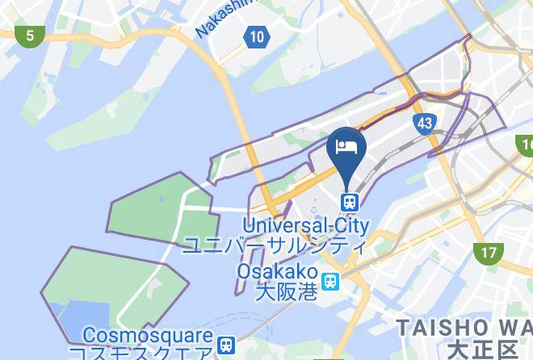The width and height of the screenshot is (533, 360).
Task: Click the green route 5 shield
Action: pos(30,36)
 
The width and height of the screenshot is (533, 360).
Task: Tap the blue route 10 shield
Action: pos(256,36)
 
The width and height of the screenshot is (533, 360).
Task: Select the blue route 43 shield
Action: pos(424,123)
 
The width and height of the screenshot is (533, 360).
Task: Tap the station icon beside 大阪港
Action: pos(330,281)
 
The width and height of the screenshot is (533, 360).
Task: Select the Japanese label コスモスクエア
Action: pos(141,353)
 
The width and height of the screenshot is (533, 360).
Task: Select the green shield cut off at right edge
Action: pos(526,146)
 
